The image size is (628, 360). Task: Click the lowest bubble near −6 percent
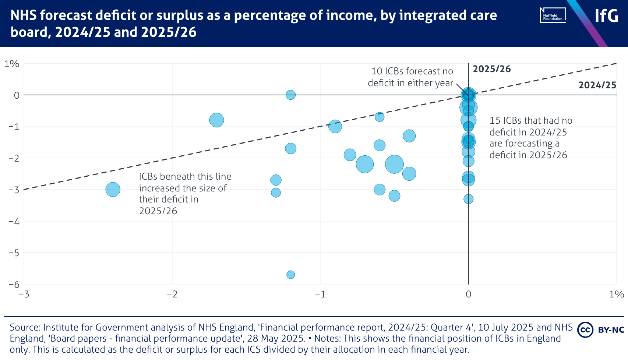(x=290, y=275)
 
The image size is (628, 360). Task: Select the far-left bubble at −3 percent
(x=113, y=190)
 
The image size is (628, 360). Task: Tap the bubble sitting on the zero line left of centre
(x=290, y=95)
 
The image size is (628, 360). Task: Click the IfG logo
(x=606, y=16)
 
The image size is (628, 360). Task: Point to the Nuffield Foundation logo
(x=553, y=15)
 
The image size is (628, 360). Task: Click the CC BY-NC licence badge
(x=601, y=329)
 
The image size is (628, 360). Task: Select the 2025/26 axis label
(x=491, y=69)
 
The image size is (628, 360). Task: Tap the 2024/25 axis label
(x=597, y=85)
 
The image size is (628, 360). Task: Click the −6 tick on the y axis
(x=14, y=284)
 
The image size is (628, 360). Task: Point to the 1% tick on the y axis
(x=12, y=64)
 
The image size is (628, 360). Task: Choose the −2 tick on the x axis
(x=172, y=294)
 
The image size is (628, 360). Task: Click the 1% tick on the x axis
(x=616, y=294)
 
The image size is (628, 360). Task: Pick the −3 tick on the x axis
(x=24, y=294)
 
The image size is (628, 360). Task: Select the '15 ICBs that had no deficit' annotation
(x=530, y=138)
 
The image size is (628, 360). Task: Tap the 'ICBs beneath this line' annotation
(x=185, y=194)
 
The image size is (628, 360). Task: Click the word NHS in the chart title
(x=23, y=15)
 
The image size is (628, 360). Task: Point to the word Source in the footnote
(x=25, y=328)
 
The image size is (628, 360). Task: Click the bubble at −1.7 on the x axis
(x=216, y=120)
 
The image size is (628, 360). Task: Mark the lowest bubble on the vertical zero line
(x=468, y=199)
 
